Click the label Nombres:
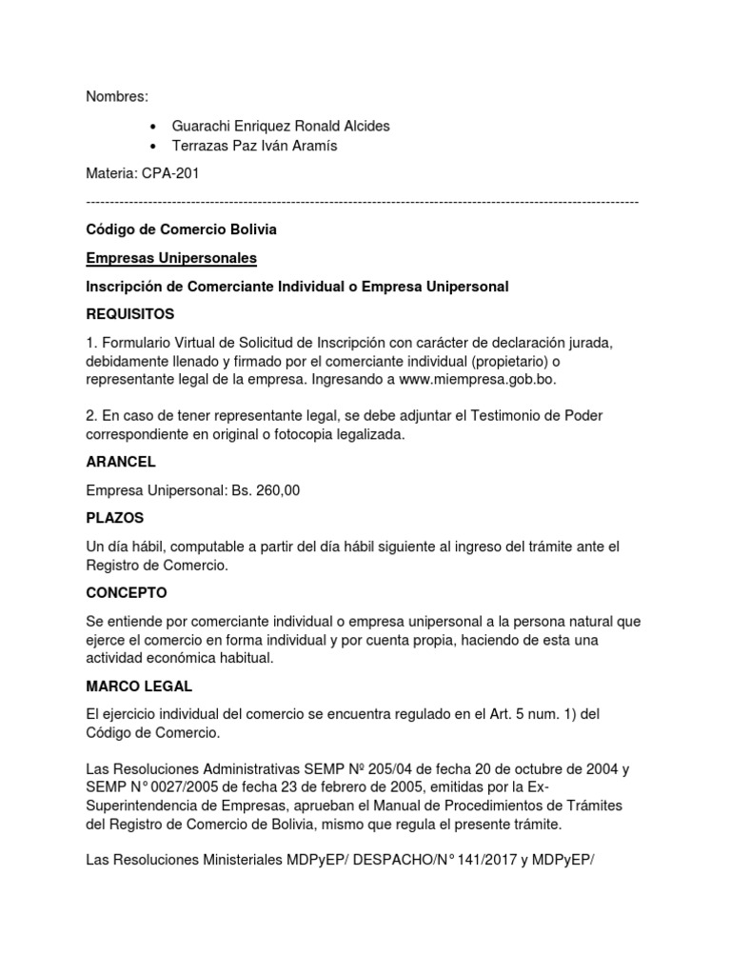118,97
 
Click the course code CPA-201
171,174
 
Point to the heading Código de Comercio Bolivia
182,230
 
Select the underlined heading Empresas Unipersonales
171,258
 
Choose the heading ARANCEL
121,462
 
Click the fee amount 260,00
279,490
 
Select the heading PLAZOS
115,518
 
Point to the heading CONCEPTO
127,592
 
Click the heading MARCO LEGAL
138,686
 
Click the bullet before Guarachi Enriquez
154,127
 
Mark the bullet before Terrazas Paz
154,147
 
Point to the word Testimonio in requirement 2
520,416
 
